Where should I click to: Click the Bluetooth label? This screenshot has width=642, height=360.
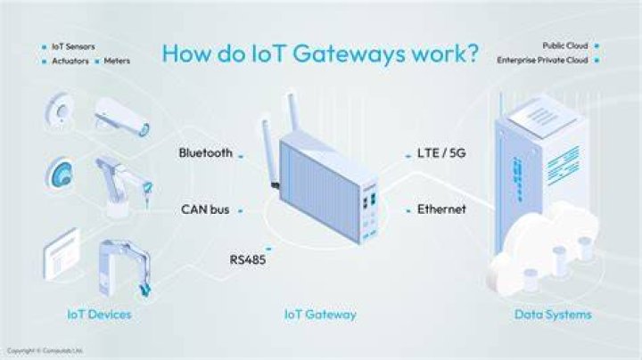(x=206, y=153)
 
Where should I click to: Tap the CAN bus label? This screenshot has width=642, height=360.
(x=205, y=209)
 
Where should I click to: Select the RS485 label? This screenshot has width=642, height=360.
(x=248, y=260)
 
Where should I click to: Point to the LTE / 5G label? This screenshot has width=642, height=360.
(x=441, y=153)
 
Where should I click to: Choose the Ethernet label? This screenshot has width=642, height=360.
(x=441, y=209)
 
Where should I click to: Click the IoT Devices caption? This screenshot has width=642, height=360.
(x=99, y=315)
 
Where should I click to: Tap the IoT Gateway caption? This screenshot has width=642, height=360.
(x=320, y=315)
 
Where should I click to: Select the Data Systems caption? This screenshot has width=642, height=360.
(x=553, y=315)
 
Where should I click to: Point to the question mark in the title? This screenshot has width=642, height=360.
(x=473, y=53)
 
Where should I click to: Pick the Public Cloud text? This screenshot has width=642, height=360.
(x=565, y=45)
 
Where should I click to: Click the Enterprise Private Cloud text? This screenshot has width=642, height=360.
(x=542, y=60)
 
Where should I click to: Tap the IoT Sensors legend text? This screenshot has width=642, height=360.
(x=73, y=46)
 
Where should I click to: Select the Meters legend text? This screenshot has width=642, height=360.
(x=117, y=61)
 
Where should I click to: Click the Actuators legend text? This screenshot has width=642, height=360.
(x=70, y=61)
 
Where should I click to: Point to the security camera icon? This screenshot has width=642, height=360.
(x=122, y=116)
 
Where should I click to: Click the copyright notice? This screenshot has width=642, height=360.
(x=45, y=350)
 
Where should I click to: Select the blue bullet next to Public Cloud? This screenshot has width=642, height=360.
(x=597, y=45)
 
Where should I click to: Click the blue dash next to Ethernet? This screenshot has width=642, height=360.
(x=408, y=211)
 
